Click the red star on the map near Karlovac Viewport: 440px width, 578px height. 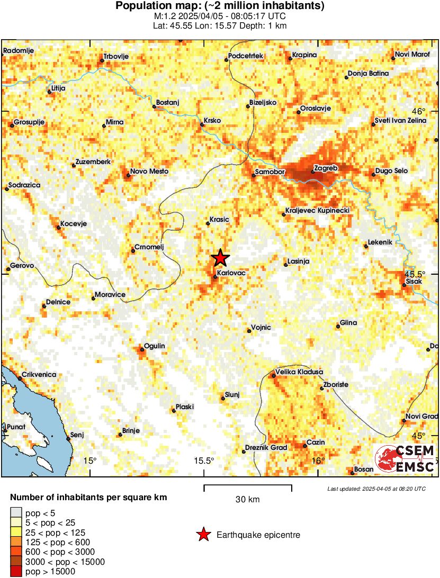tap(220, 258)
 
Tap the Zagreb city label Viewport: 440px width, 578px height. tap(326, 168)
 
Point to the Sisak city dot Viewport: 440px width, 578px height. tap(404, 285)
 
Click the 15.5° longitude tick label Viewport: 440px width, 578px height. tap(204, 460)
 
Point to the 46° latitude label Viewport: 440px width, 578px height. tap(419, 111)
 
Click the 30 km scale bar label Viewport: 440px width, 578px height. tap(247, 499)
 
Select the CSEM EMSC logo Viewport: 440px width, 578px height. tap(405, 458)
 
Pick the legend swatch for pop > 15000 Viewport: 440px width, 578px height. tap(16, 572)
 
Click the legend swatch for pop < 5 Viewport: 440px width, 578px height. tap(16, 512)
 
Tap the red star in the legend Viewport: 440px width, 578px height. tap(203, 535)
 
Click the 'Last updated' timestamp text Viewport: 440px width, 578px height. tap(376, 489)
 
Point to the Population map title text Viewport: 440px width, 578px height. tap(220, 6)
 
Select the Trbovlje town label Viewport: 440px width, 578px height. tap(116, 56)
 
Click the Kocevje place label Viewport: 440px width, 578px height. tap(74, 223)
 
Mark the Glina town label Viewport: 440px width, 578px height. tap(348, 322)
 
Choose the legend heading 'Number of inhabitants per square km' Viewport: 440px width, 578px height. tap(89, 498)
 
